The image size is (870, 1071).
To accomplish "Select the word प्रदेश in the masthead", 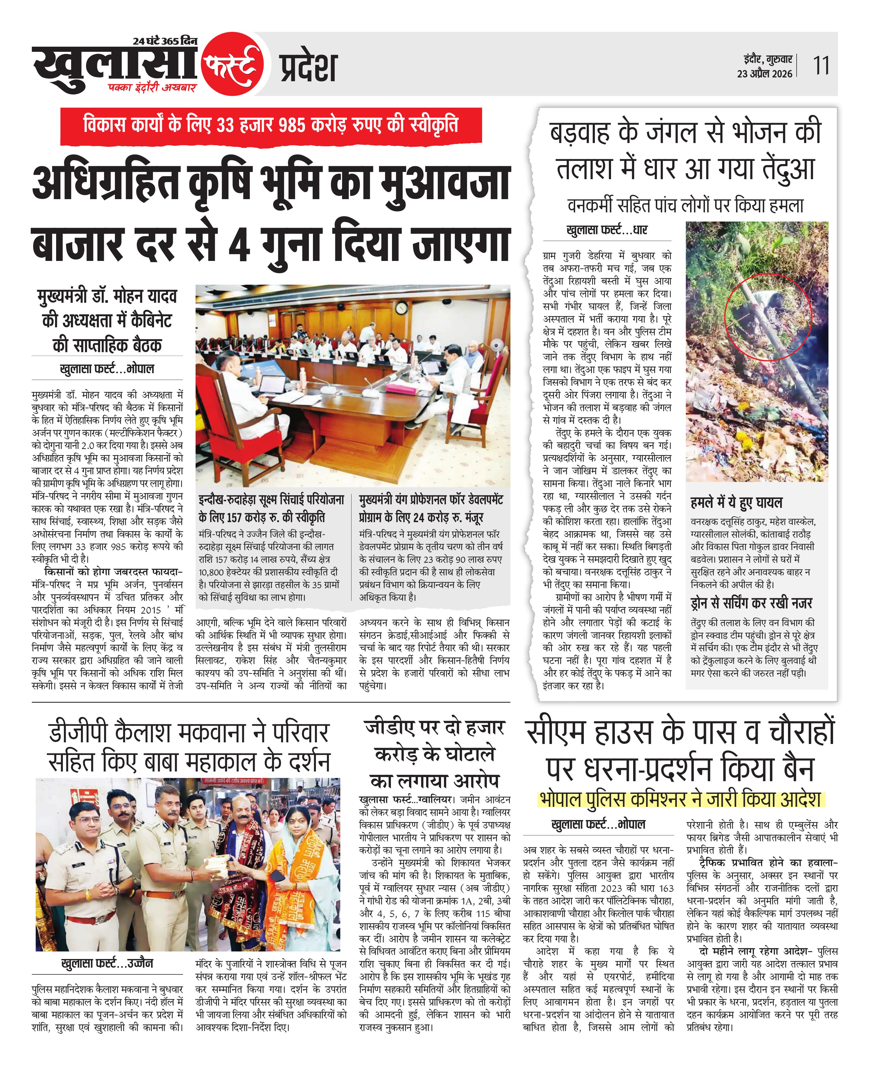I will [308, 68].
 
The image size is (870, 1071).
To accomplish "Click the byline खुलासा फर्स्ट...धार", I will [606, 230].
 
